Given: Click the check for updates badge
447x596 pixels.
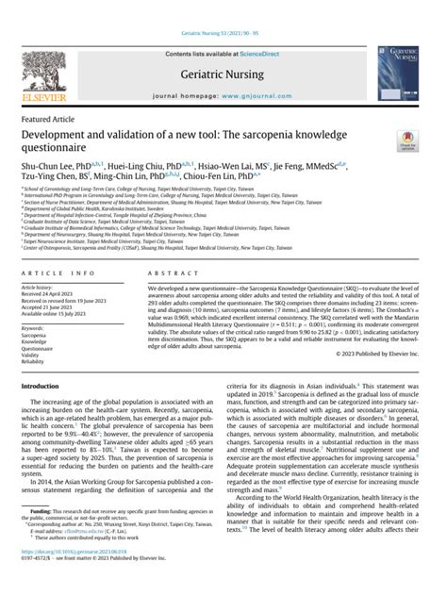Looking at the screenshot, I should click(x=408, y=143).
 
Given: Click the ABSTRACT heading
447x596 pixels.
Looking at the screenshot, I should click(x=167, y=273).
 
